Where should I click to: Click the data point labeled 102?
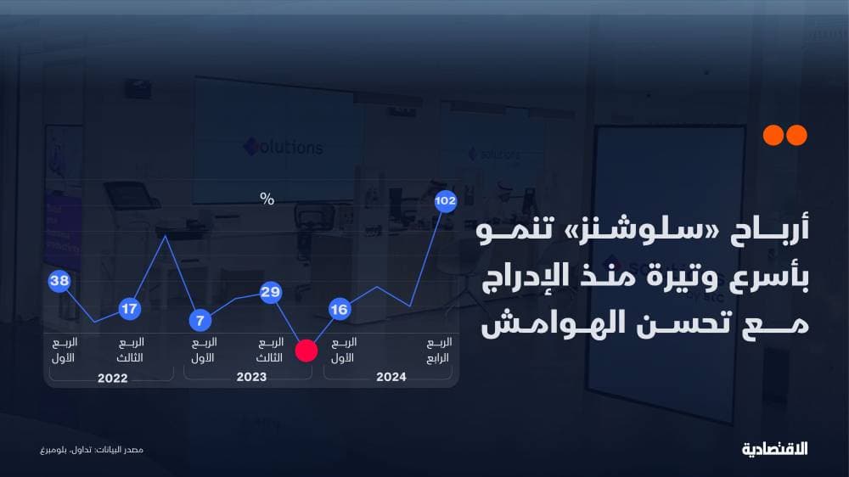[446, 201]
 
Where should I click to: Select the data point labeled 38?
[59, 282]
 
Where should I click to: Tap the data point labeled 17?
[129, 309]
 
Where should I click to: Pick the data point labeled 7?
[200, 320]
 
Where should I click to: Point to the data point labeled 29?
[271, 293]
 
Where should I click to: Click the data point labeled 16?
[339, 309]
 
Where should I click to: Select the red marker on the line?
[306, 351]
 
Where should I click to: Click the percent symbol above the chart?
[267, 199]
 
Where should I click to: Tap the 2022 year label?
[112, 378]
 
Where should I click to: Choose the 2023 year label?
[251, 378]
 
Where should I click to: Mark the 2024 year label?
[391, 378]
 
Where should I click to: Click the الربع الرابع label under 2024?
[439, 350]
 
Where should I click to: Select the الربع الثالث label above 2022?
[130, 350]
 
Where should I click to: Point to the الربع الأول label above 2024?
[342, 350]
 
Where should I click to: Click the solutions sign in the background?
[284, 146]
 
